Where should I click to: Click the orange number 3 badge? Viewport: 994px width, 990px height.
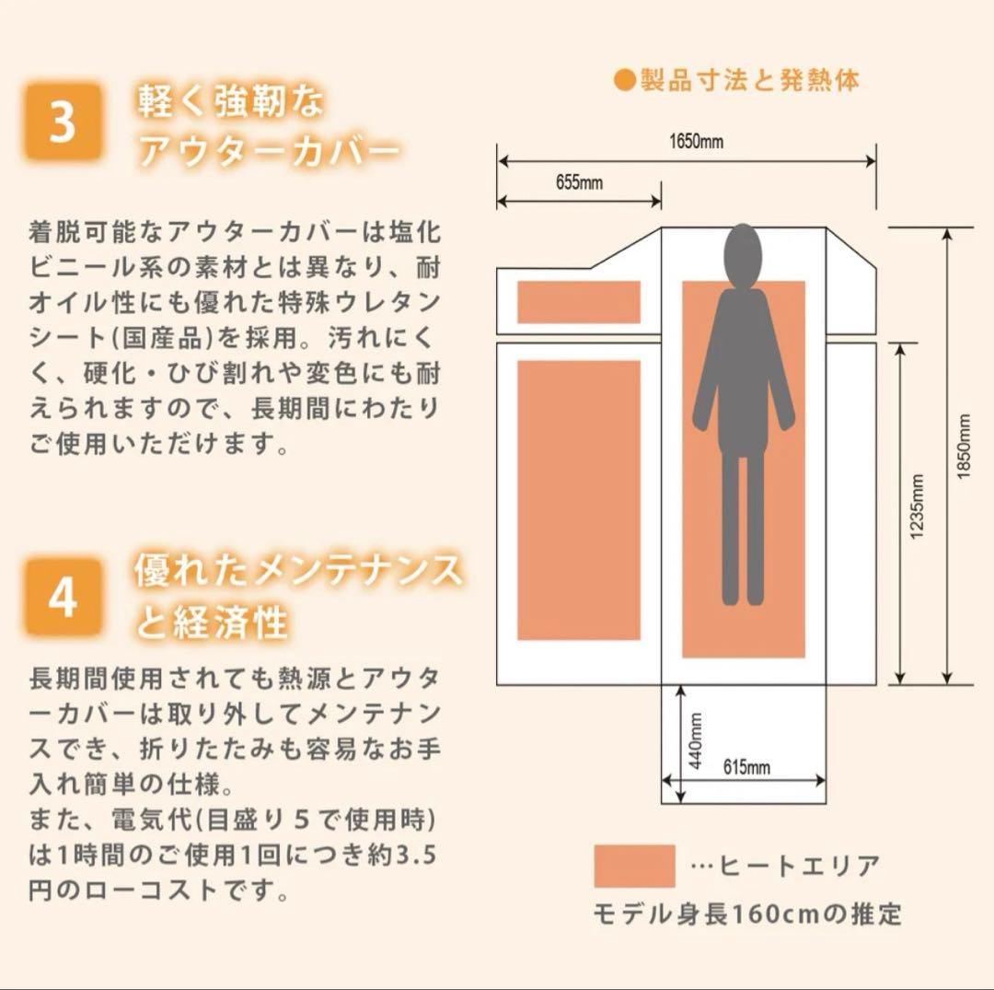(x=64, y=122)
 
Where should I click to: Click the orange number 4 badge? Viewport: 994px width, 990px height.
(x=64, y=597)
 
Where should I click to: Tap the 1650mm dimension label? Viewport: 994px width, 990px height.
(x=696, y=141)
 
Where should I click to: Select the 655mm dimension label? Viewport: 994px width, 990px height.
(x=580, y=182)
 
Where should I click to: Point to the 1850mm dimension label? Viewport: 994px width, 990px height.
(x=963, y=447)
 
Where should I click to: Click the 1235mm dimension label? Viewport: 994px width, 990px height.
(x=917, y=507)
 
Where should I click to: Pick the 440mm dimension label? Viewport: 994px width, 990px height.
(x=696, y=740)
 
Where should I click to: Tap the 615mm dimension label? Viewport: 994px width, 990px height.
(x=746, y=767)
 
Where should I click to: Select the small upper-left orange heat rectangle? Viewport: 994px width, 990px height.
(x=579, y=302)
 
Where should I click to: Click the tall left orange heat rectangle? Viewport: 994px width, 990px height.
(x=579, y=500)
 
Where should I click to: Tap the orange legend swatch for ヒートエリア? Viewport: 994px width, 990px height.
(x=634, y=866)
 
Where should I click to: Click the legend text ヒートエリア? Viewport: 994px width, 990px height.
(x=799, y=866)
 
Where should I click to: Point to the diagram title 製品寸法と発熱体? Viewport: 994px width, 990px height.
(x=749, y=80)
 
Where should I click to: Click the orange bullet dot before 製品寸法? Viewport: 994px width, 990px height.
(x=625, y=80)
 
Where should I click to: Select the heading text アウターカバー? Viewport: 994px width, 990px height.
(x=268, y=151)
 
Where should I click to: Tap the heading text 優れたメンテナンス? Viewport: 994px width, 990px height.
(x=298, y=569)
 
